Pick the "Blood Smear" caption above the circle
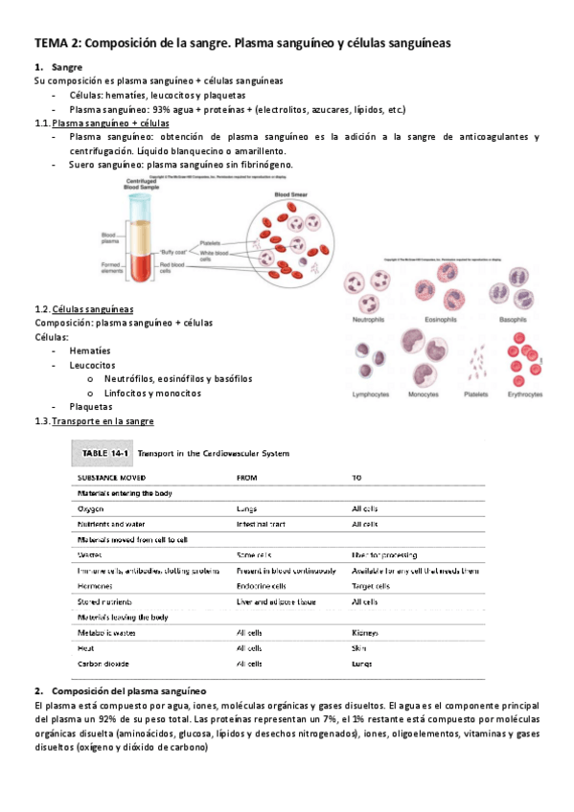coord(291,195)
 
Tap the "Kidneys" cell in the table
coord(364,633)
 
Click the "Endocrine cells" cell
coord(261,586)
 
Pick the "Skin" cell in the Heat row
coord(358,648)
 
